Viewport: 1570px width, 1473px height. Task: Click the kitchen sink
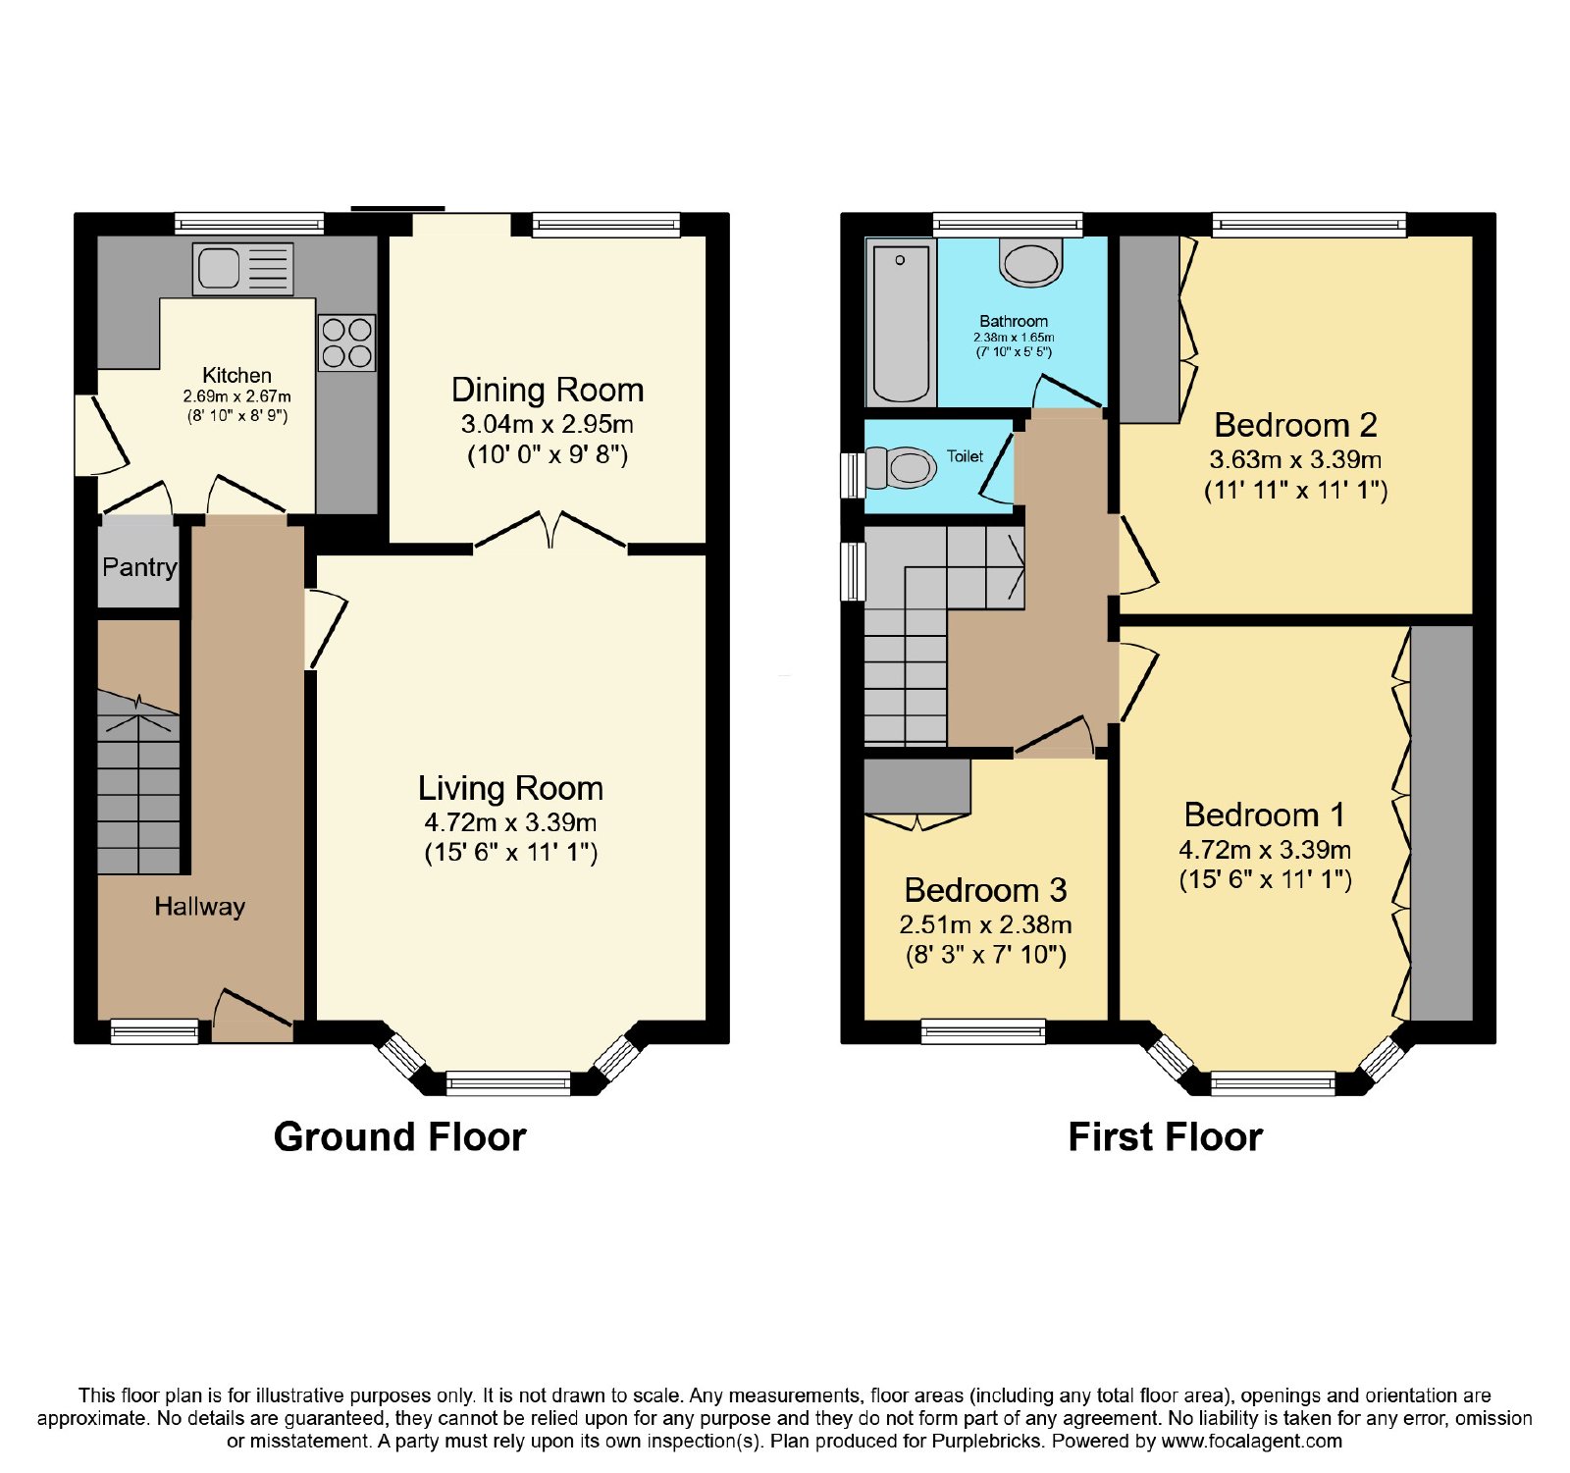[243, 269]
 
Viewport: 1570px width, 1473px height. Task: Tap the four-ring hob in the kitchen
[346, 342]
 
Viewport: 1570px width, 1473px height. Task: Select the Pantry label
[139, 567]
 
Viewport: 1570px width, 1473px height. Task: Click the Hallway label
[199, 906]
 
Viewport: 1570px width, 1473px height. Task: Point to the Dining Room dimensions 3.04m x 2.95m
[548, 425]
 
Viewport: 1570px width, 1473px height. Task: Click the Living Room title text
[510, 788]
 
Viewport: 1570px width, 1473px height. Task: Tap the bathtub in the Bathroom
[901, 322]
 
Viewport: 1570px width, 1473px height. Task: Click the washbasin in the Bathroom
[1030, 262]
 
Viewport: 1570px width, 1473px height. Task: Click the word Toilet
[965, 456]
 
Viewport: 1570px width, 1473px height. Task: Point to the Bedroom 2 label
[1295, 425]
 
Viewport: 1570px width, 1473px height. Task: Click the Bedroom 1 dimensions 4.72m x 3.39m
[1265, 850]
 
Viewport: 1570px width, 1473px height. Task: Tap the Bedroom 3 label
[985, 890]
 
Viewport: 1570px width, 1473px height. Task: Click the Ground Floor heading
[400, 1136]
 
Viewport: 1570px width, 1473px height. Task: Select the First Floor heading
[1165, 1136]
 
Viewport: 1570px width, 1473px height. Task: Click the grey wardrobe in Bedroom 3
[917, 786]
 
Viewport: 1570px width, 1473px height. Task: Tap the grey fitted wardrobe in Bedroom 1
[1441, 823]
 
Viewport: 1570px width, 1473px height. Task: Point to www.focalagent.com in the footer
[1252, 1442]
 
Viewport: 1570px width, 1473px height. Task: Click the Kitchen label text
[236, 375]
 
